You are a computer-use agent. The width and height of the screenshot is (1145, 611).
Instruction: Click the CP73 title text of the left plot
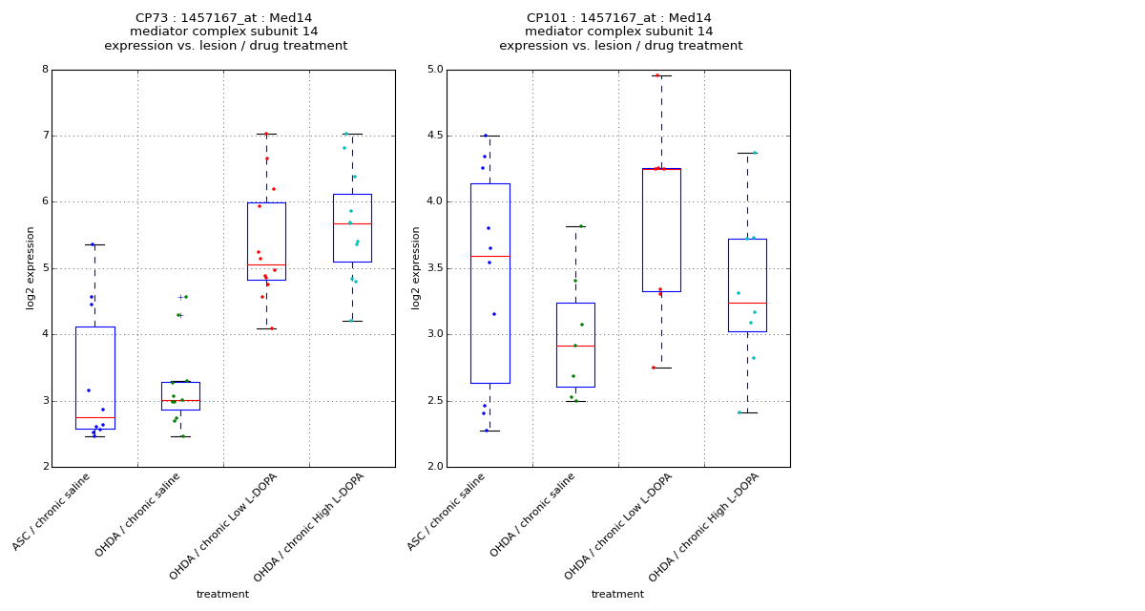pos(224,18)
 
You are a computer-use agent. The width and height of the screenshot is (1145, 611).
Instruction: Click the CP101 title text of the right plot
pos(619,18)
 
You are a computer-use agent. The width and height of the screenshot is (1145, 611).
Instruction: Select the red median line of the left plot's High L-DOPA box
pos(352,223)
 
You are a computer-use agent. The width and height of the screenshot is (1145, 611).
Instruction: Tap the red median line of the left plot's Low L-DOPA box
pos(266,264)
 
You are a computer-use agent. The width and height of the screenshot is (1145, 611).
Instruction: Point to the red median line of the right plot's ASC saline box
pos(489,256)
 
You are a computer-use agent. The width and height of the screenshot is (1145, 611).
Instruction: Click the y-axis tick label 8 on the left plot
pos(45,70)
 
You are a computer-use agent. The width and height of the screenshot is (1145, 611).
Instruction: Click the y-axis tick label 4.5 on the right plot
pos(434,136)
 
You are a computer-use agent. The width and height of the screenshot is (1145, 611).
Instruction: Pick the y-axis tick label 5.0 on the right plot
pos(434,70)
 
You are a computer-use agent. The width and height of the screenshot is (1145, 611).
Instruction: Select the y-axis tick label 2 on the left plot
pos(45,467)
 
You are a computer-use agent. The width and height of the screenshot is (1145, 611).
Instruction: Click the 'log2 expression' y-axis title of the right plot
pos(416,267)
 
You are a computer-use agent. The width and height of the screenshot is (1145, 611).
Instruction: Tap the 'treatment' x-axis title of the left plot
pos(222,594)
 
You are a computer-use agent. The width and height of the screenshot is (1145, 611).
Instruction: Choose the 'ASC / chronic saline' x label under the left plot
pos(53,511)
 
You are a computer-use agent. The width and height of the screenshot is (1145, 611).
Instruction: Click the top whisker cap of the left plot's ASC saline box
pos(94,244)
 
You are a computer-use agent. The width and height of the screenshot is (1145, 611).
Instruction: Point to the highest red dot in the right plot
pos(657,75)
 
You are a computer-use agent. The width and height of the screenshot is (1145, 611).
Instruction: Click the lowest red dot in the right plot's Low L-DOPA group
pos(654,368)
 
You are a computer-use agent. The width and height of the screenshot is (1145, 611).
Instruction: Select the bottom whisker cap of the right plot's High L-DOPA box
pos(747,412)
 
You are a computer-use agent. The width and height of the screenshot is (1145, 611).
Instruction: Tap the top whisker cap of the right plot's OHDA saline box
pos(575,226)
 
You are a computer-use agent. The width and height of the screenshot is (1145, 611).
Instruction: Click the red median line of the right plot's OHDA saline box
pos(575,346)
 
